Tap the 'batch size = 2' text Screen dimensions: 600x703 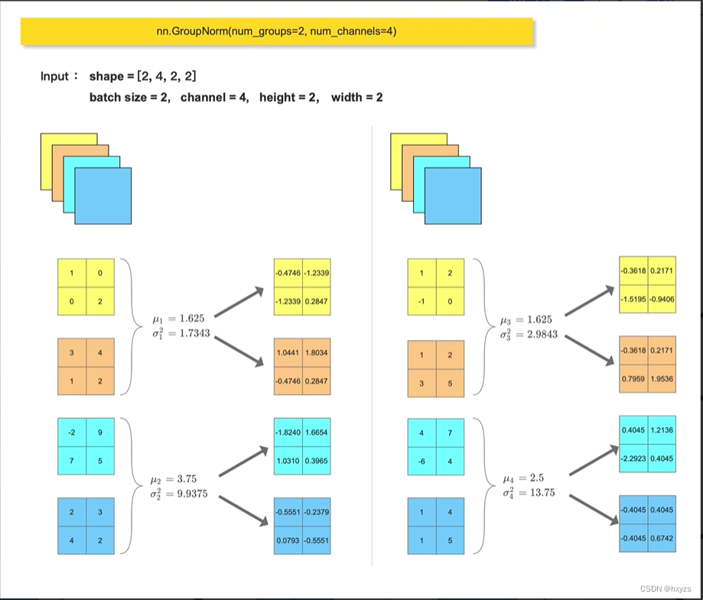click(x=129, y=98)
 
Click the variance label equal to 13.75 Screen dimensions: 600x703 click(x=529, y=492)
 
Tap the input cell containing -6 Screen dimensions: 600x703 click(x=421, y=461)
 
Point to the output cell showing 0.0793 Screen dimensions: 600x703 click(x=288, y=540)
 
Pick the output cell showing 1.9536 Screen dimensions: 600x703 click(x=662, y=378)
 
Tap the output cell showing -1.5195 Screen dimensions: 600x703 click(x=634, y=300)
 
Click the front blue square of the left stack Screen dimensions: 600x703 click(x=103, y=195)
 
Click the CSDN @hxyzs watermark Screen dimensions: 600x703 click(x=663, y=589)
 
